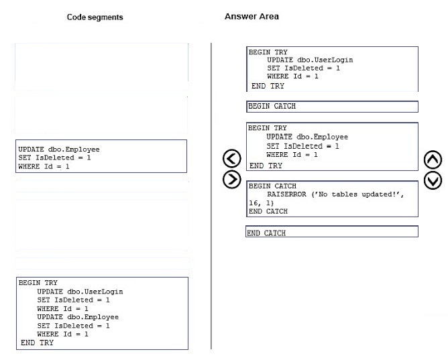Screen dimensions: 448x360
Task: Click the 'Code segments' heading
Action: click(x=95, y=17)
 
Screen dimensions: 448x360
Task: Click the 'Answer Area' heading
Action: click(x=251, y=17)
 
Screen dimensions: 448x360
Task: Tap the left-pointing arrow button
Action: click(x=232, y=158)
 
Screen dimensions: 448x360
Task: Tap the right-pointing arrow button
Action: click(x=232, y=180)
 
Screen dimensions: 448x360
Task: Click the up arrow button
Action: click(x=433, y=160)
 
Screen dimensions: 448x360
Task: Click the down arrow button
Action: click(x=433, y=180)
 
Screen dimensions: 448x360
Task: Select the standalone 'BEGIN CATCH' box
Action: click(x=332, y=107)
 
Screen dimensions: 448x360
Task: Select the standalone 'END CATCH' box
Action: click(x=332, y=231)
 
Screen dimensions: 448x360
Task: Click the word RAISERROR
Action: click(x=286, y=194)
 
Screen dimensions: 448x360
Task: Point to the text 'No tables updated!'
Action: click(x=358, y=194)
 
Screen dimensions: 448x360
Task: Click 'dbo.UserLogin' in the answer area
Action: click(x=325, y=60)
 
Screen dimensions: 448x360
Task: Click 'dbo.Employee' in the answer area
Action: click(x=323, y=137)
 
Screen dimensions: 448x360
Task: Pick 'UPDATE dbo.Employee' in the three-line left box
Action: click(x=59, y=149)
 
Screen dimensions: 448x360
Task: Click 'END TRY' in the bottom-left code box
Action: click(x=37, y=343)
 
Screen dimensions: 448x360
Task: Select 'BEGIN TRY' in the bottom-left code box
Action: click(x=38, y=283)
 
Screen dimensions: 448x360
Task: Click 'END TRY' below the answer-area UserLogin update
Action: click(x=268, y=86)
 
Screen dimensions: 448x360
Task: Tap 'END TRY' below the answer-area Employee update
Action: click(x=266, y=166)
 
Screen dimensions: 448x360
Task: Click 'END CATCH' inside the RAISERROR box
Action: click(x=268, y=212)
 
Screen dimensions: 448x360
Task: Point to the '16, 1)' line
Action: click(x=261, y=203)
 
